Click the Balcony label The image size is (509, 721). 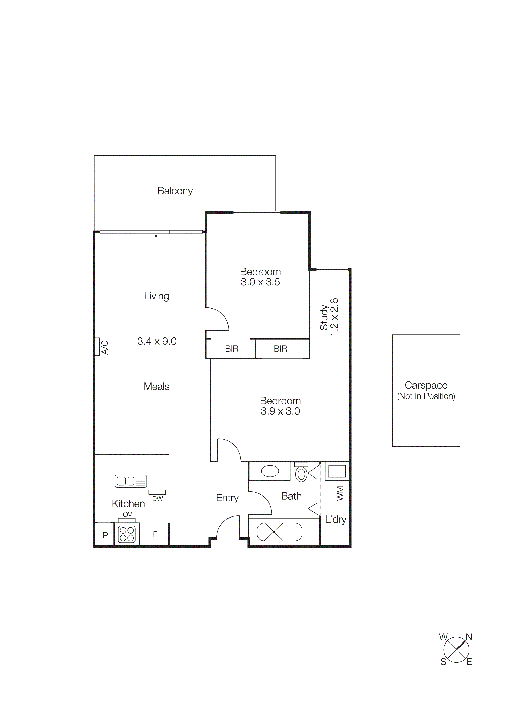pos(175,191)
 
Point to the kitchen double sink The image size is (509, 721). pos(131,481)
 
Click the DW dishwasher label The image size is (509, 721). pos(157,499)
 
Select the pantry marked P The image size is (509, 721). pos(105,535)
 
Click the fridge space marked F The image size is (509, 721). pos(155,534)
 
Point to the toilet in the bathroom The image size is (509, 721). pos(301,474)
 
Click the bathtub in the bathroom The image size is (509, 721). pos(279,532)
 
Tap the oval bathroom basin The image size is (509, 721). pos(270,471)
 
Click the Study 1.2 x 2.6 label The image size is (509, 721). pos(329,317)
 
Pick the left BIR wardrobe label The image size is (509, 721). pos(232,349)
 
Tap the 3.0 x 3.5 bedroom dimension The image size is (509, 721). pos(260,282)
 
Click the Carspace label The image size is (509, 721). pos(426,385)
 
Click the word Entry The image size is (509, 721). pos(227,498)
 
